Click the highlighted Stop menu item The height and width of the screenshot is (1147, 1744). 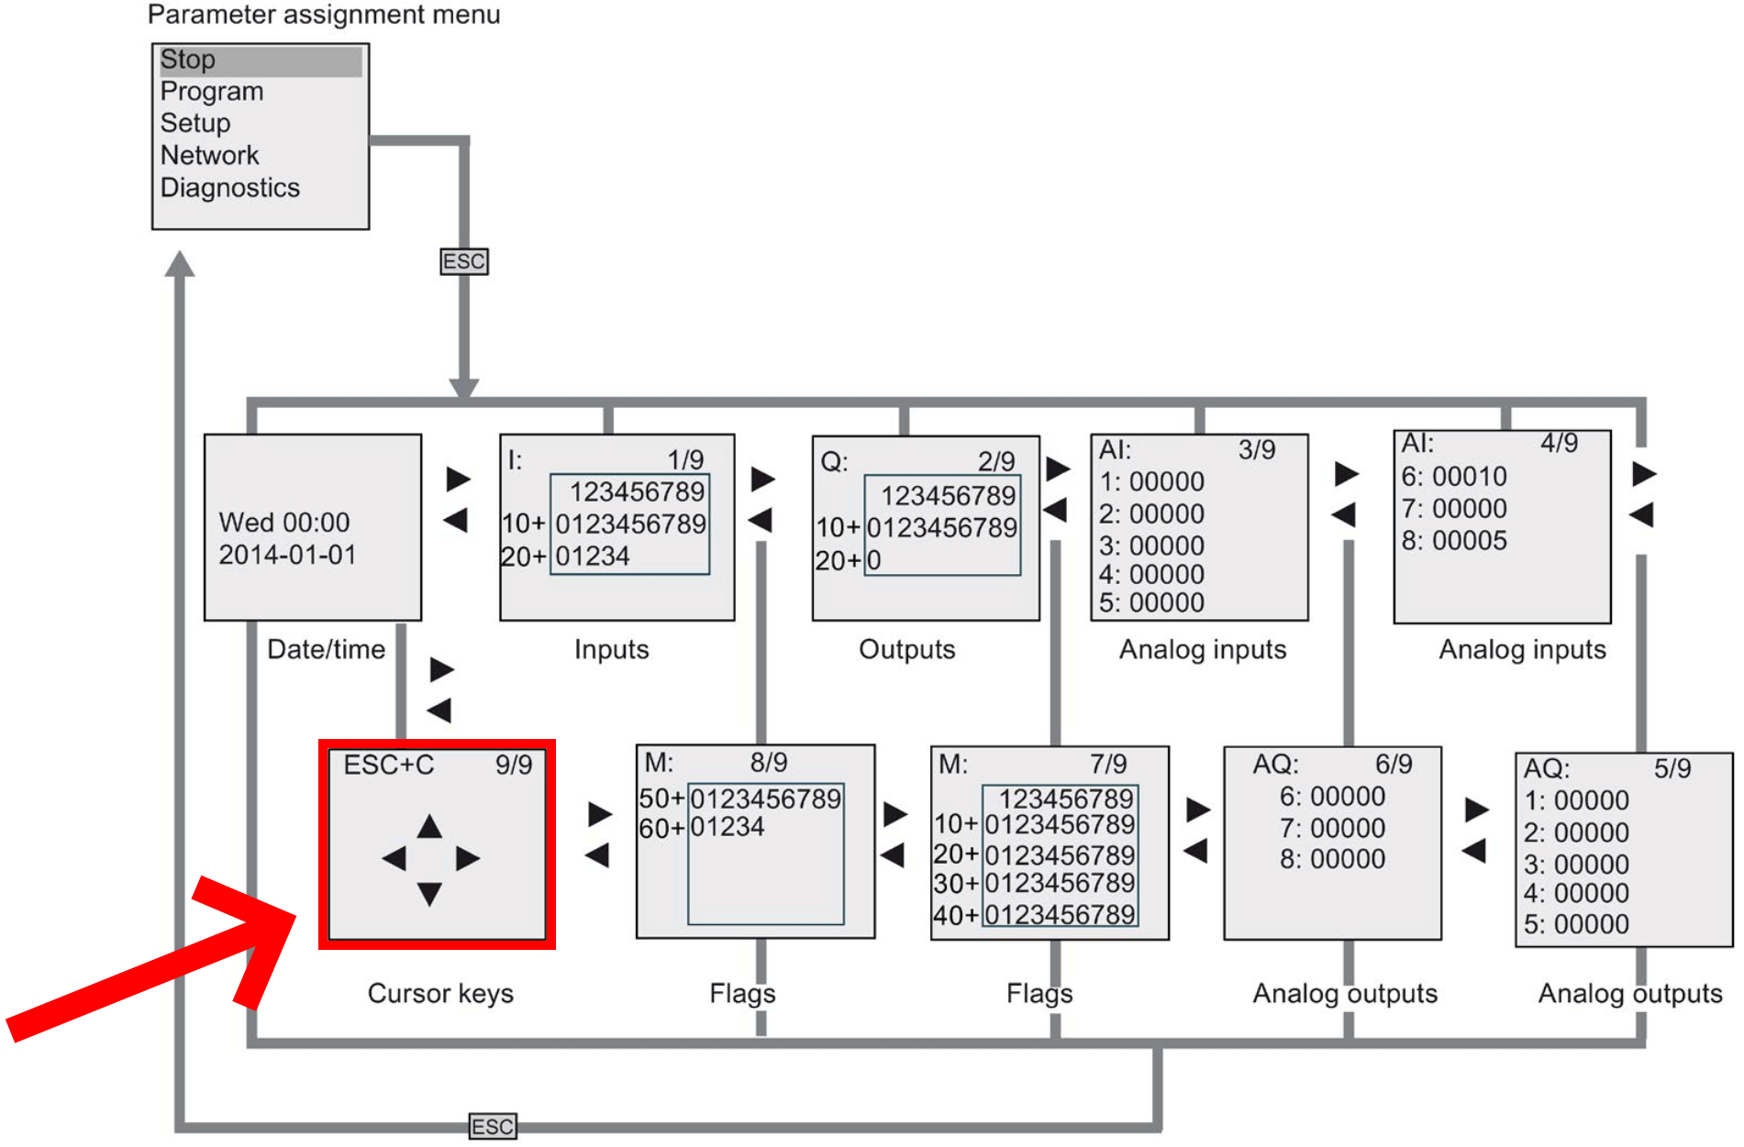(x=188, y=60)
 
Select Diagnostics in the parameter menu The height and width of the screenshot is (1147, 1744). (x=230, y=188)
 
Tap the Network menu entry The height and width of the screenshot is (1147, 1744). (x=209, y=156)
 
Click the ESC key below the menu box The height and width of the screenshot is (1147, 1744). (x=464, y=261)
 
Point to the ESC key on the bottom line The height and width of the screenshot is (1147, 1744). (x=493, y=1126)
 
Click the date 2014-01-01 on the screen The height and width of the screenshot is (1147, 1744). (x=287, y=555)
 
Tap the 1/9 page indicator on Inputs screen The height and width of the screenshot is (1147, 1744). (x=685, y=459)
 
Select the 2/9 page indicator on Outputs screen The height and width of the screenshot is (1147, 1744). (x=996, y=461)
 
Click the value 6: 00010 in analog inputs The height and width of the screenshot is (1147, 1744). (x=1454, y=477)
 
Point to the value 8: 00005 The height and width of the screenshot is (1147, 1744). (x=1454, y=541)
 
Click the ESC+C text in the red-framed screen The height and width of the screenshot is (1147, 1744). (x=389, y=766)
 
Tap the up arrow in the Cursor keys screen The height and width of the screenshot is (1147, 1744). (x=429, y=827)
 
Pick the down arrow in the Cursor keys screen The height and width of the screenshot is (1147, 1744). (x=429, y=893)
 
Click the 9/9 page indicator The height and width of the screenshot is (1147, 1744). (x=514, y=766)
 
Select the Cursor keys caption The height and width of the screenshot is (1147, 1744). (x=440, y=994)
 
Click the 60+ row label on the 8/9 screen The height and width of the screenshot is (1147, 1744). (x=661, y=829)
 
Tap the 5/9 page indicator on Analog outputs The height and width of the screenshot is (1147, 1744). (x=1672, y=768)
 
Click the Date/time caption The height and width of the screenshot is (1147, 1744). (x=326, y=650)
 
